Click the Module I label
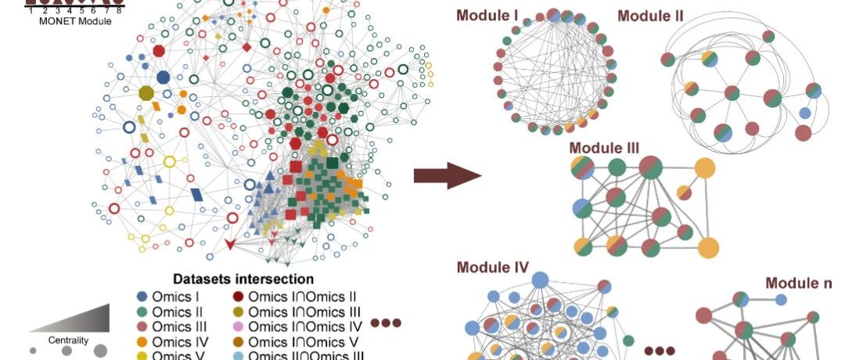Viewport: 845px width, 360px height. (487, 15)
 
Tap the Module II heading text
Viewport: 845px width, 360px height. (650, 16)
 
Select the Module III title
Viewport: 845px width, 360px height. (604, 148)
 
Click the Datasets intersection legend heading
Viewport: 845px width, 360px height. (243, 279)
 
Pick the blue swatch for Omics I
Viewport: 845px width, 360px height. (142, 297)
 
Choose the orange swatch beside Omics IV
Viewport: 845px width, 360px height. (142, 342)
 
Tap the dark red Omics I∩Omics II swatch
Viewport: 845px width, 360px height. (238, 297)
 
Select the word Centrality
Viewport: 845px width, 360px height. (68, 340)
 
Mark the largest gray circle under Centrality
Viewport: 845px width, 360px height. (100, 351)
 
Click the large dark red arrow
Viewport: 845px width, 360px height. (448, 175)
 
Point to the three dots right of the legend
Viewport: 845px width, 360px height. (386, 322)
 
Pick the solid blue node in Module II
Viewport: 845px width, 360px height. (804, 113)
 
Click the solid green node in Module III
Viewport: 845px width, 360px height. (617, 167)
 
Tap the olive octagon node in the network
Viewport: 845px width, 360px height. (146, 93)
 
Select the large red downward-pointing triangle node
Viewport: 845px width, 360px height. (230, 245)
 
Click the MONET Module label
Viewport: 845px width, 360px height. (75, 22)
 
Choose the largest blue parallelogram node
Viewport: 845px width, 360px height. (197, 195)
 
